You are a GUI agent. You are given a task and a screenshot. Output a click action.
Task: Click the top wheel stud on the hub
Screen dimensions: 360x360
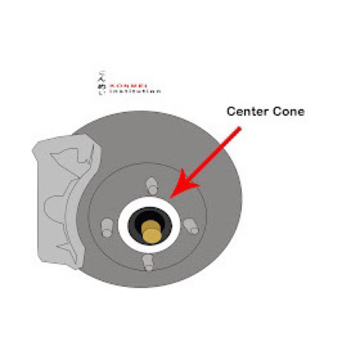153,185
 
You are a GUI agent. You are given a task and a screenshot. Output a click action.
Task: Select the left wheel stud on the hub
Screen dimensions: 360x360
107,228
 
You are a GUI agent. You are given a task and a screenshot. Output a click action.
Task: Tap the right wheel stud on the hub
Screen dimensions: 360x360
191,227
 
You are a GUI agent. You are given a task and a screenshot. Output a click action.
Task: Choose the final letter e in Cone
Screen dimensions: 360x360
300,112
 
